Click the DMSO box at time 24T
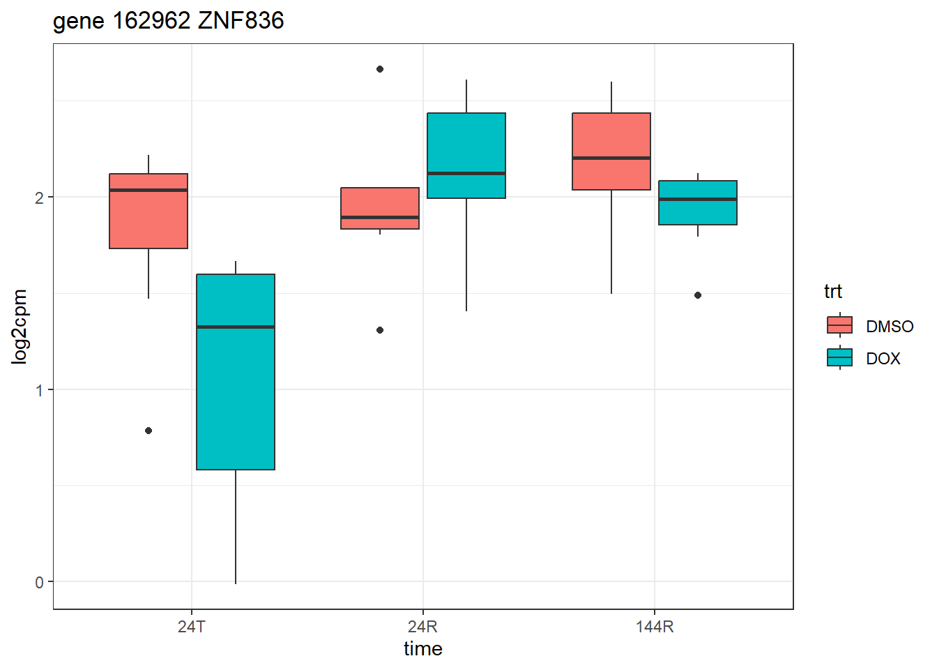tap(148, 211)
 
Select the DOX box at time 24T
tap(236, 371)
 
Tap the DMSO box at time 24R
tap(380, 208)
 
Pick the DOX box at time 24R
tap(466, 156)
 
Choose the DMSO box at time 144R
tap(611, 151)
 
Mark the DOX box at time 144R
tap(698, 202)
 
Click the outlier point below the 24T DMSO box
tap(148, 431)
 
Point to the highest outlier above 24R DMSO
tap(380, 69)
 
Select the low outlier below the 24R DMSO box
tap(380, 330)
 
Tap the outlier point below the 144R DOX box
tap(698, 295)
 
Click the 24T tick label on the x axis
tap(192, 627)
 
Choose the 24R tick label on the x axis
tap(423, 627)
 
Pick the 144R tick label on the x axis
tap(655, 627)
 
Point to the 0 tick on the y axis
tap(40, 582)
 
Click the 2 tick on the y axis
tap(40, 198)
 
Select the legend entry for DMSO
tap(890, 326)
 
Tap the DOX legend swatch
tap(839, 358)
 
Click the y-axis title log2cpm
tap(20, 327)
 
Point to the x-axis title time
tap(423, 649)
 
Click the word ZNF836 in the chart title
tap(241, 21)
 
